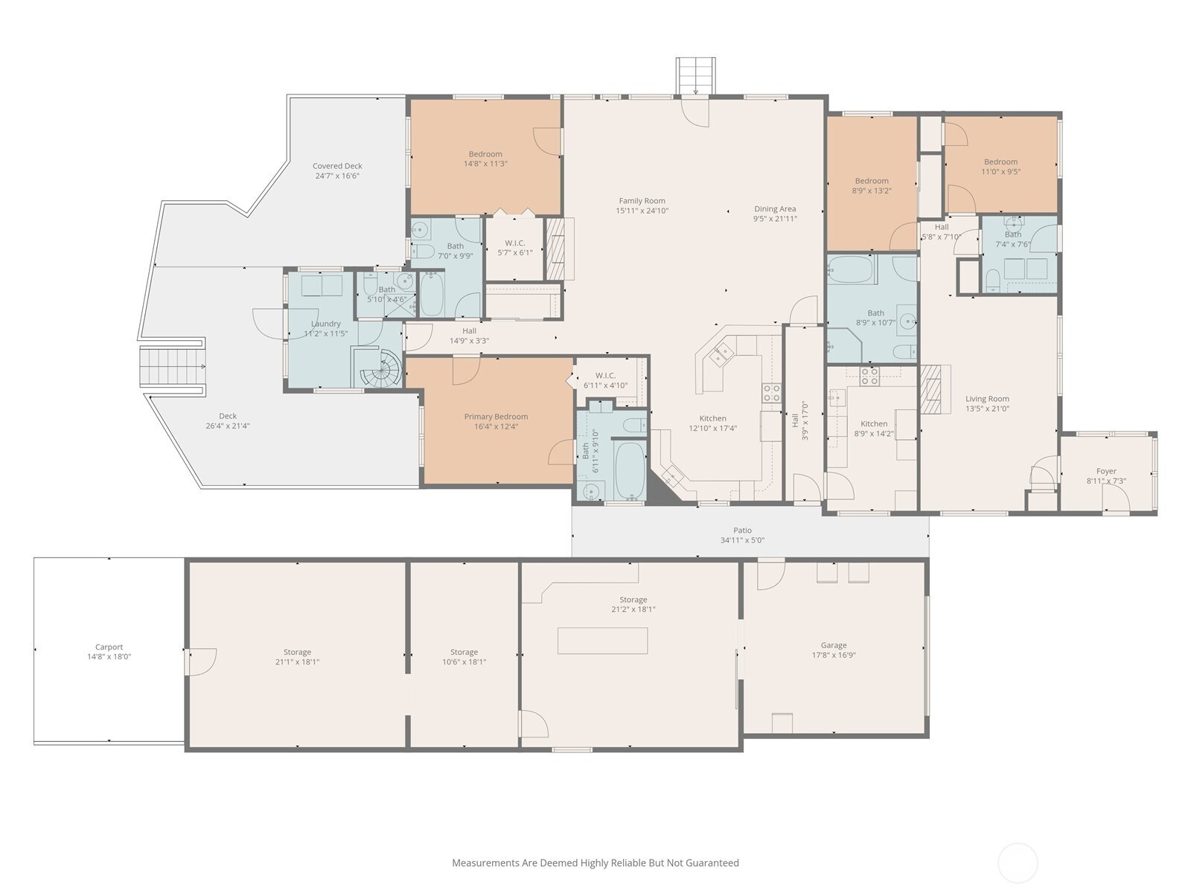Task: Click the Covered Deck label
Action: [337, 166]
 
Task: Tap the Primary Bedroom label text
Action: [496, 417]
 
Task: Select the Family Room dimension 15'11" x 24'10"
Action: [642, 211]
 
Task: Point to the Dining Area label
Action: [775, 209]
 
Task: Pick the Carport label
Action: [109, 647]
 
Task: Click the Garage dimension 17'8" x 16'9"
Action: [834, 655]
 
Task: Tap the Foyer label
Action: [1106, 471]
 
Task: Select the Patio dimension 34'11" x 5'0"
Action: [742, 540]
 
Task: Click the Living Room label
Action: [987, 399]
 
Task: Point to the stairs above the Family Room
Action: [695, 77]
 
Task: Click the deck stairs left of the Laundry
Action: [171, 367]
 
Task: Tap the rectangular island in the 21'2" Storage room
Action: [603, 641]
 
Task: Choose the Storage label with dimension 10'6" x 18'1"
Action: [464, 653]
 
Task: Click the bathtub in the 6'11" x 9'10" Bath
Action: [630, 470]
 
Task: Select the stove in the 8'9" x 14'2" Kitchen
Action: [869, 377]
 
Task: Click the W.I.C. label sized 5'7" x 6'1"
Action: [515, 243]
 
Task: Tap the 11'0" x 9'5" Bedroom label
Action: [1001, 161]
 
